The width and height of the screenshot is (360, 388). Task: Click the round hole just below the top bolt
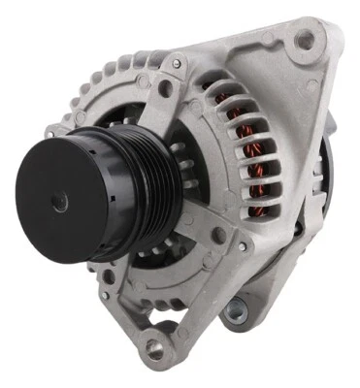click(x=165, y=88)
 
